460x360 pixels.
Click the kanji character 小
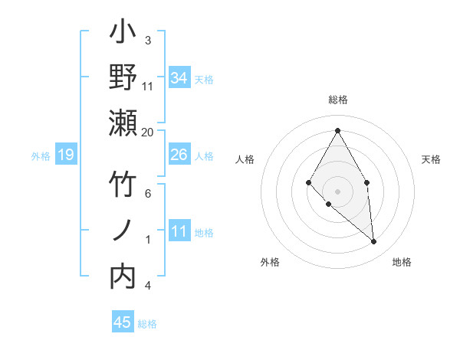pos(123,34)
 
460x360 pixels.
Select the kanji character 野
pos(123,78)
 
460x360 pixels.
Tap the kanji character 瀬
pos(123,123)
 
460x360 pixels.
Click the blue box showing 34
pos(179,77)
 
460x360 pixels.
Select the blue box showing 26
pos(179,155)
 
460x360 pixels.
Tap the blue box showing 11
pos(179,232)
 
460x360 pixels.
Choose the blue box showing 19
pos(65,155)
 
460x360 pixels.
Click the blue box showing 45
pos(123,322)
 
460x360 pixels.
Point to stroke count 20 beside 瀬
pos(148,132)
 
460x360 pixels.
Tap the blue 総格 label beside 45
pos(147,324)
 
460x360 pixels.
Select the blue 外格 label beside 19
pos(41,156)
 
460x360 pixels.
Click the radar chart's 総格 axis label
pos(337,100)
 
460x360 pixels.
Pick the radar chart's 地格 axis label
pos(402,262)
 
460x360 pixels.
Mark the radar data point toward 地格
pos(373,242)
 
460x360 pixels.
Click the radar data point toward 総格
pos(337,129)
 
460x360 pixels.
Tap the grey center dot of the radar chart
pos(337,191)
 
